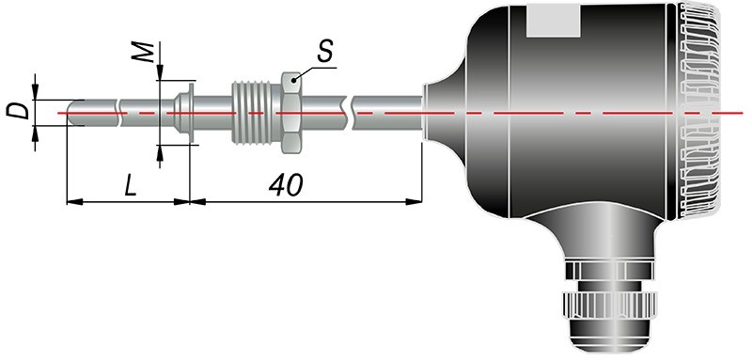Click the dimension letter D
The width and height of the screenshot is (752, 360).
[17, 111]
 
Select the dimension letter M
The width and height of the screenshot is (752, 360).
[144, 52]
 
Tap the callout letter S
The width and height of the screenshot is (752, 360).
[324, 51]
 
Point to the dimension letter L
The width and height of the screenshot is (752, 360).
[131, 185]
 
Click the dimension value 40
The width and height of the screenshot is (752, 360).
[286, 185]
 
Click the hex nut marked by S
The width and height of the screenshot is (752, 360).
[290, 113]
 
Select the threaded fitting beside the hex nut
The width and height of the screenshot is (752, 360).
[257, 113]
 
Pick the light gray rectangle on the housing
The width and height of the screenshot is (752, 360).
[554, 20]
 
